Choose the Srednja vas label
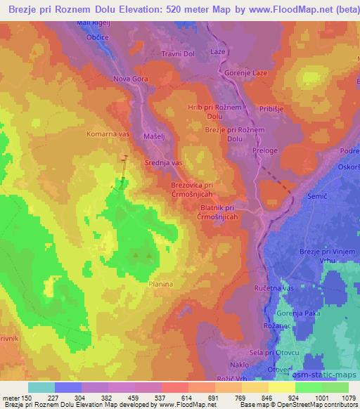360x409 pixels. tap(163, 162)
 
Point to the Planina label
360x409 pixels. tap(161, 284)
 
